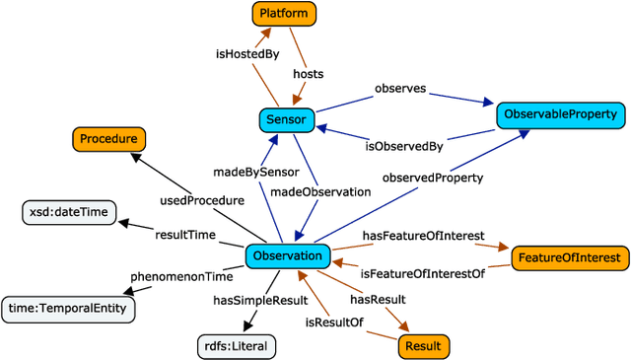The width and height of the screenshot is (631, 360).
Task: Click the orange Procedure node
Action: click(109, 139)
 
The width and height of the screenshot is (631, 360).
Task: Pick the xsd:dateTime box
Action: click(69, 211)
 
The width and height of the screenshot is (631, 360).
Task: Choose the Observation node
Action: click(287, 257)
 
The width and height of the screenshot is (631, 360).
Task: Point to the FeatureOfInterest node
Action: click(569, 258)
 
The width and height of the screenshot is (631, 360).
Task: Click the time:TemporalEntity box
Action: click(68, 309)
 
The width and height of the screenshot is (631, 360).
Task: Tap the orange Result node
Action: click(424, 345)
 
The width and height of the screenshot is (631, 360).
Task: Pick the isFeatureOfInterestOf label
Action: click(422, 273)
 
